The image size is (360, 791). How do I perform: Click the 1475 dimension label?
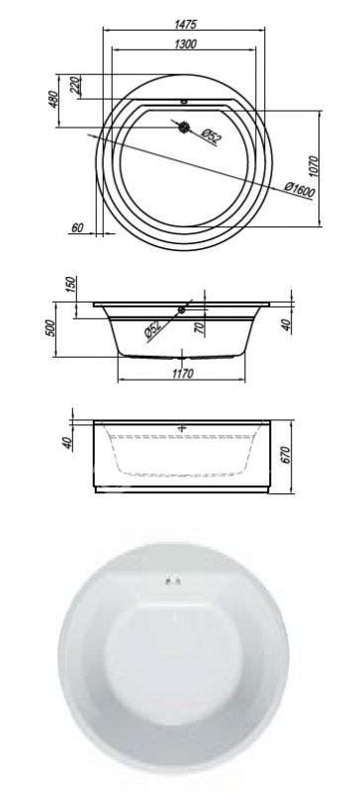pos(185,24)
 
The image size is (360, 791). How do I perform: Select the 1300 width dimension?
pos(185,44)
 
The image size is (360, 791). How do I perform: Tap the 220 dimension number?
pos(75,86)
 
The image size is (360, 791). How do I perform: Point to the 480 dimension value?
pos(53,99)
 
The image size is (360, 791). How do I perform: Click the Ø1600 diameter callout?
pos(299,190)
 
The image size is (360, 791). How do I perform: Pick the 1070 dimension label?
pos(314,166)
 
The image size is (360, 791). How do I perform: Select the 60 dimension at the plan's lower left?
pos(77,228)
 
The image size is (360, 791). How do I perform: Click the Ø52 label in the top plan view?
pos(211,136)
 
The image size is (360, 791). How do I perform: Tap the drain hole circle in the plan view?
pos(184,127)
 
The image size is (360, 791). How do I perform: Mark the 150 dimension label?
pos(70,285)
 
